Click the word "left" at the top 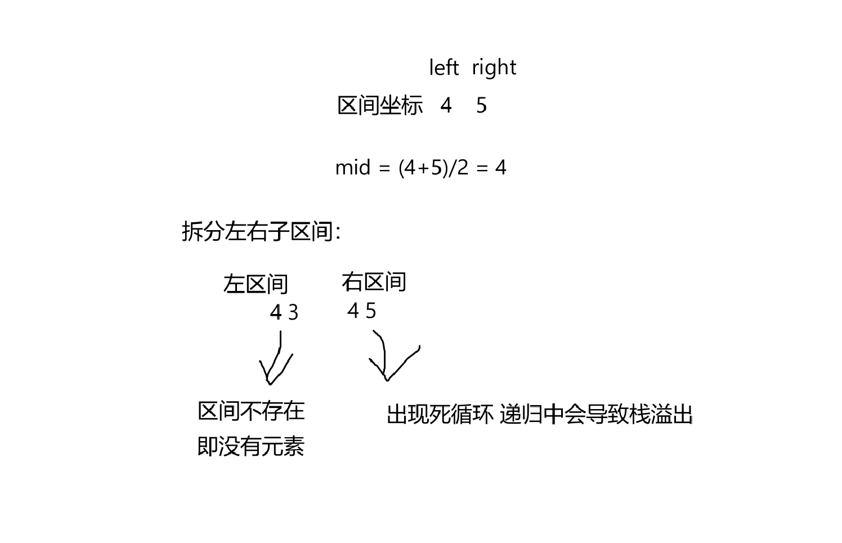coord(444,68)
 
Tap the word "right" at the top coord(494,68)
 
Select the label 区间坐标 coord(380,105)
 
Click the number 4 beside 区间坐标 coord(446,105)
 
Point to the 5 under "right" coord(481,105)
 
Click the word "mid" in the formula coord(353,167)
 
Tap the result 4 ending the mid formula coord(500,167)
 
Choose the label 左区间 coord(256,284)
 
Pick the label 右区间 coord(374,282)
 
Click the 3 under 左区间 coord(293,313)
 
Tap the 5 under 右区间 coord(370,311)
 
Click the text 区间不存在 coord(251,411)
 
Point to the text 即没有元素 coord(251,446)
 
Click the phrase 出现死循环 coord(440,415)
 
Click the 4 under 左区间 coord(276,312)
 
